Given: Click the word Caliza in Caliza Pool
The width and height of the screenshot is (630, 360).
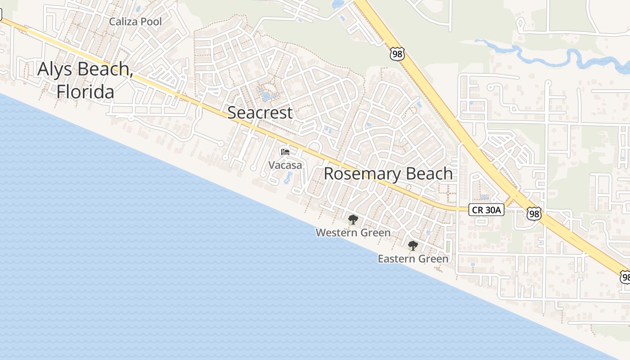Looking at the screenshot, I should (124, 22).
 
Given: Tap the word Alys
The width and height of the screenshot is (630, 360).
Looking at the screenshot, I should (56, 69).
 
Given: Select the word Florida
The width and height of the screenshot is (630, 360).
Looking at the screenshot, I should (85, 92).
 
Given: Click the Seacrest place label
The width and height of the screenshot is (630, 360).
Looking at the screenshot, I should (260, 112).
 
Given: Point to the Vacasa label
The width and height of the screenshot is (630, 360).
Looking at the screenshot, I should (285, 165).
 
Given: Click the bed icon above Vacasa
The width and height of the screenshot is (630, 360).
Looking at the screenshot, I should (285, 152).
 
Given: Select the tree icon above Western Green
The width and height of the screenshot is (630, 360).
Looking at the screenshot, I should (353, 220).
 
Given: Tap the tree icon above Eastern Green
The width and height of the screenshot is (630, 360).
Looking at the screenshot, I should (413, 246).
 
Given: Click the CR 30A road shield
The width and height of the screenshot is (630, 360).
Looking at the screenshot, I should (486, 210).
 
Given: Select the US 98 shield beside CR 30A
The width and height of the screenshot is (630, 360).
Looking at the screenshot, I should (534, 214).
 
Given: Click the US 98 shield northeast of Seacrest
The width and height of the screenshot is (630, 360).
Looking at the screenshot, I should (397, 54).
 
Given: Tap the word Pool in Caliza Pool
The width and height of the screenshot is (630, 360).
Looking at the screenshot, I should (151, 22).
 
